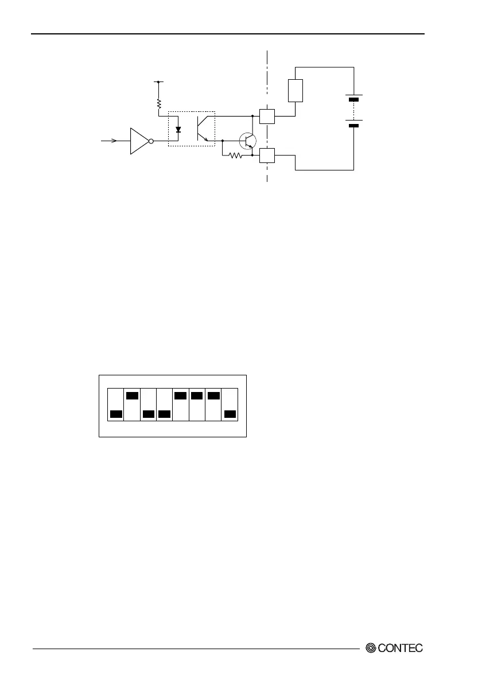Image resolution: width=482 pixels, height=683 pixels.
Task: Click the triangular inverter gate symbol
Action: tap(139, 141)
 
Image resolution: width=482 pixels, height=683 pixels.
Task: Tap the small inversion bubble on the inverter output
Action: tap(151, 141)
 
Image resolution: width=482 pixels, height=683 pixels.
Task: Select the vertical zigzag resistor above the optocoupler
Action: tap(159, 104)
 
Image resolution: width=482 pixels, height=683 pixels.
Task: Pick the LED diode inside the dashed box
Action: tap(178, 130)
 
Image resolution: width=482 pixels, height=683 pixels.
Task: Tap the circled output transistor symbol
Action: tap(248, 141)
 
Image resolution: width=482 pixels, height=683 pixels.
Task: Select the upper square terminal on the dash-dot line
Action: tap(267, 116)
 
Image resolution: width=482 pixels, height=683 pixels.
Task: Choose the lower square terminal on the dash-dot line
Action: tap(267, 155)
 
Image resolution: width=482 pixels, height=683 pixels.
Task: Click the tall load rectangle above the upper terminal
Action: tap(295, 90)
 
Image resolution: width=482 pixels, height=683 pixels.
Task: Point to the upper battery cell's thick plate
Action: tap(354, 100)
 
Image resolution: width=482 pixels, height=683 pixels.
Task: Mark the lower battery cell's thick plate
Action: tap(354, 125)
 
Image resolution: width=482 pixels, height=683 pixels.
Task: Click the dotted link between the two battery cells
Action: tap(354, 112)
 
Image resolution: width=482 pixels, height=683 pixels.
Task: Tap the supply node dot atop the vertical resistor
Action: tap(159, 82)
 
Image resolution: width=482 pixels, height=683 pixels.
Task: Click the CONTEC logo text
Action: tap(401, 648)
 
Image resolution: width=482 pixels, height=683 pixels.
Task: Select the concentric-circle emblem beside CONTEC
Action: tap(371, 648)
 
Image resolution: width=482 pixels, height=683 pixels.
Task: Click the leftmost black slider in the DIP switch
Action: tap(116, 414)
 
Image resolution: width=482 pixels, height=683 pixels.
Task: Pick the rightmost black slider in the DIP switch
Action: tap(230, 414)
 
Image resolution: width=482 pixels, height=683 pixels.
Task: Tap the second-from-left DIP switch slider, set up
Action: tap(132, 395)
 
